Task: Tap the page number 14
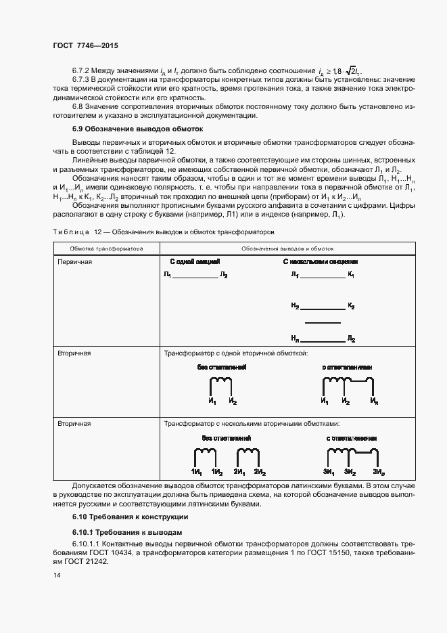56,575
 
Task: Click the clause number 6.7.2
82,70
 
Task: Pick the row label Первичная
73,261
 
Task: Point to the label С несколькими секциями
320,261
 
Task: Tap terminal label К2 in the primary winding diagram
351,306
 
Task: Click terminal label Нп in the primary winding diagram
295,337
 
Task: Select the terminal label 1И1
196,471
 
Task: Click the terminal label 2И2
260,471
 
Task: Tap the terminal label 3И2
350,471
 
